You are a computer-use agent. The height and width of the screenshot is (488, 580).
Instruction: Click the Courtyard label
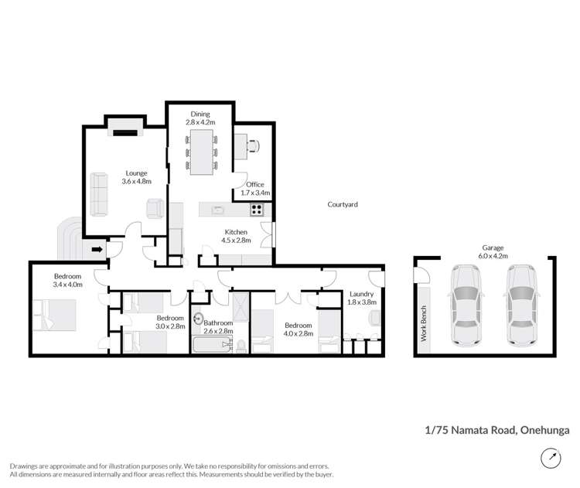[x=343, y=204]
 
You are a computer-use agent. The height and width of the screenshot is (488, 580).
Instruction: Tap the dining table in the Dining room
[x=202, y=152]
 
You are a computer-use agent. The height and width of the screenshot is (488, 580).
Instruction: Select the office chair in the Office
[x=253, y=145]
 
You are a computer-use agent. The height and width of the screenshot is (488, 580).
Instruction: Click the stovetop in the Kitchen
[x=257, y=210]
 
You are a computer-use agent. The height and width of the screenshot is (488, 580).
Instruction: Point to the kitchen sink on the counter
[x=217, y=210]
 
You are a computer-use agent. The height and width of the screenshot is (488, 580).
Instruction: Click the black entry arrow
[x=97, y=249]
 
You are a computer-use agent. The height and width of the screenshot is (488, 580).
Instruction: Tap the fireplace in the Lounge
[x=125, y=133]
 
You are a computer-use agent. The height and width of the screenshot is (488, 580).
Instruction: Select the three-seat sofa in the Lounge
[x=99, y=194]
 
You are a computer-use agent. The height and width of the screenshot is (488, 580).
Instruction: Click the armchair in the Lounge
[x=155, y=209]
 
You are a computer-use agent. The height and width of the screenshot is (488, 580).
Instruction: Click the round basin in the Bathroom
[x=199, y=318]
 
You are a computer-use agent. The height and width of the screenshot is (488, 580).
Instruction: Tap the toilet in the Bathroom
[x=241, y=346]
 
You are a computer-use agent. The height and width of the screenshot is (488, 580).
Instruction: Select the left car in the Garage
[x=466, y=305]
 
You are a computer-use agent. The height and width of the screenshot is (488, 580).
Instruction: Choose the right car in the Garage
[x=521, y=305]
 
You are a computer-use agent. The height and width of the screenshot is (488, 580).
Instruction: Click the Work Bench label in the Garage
[x=424, y=323]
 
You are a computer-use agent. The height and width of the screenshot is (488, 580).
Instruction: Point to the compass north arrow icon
[x=551, y=458]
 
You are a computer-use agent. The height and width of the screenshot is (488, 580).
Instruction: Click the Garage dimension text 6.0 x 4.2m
[x=493, y=256]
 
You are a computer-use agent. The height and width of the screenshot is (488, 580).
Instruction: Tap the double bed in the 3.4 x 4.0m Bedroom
[x=55, y=315]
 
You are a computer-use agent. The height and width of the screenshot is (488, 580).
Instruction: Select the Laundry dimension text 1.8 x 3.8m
[x=362, y=302]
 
